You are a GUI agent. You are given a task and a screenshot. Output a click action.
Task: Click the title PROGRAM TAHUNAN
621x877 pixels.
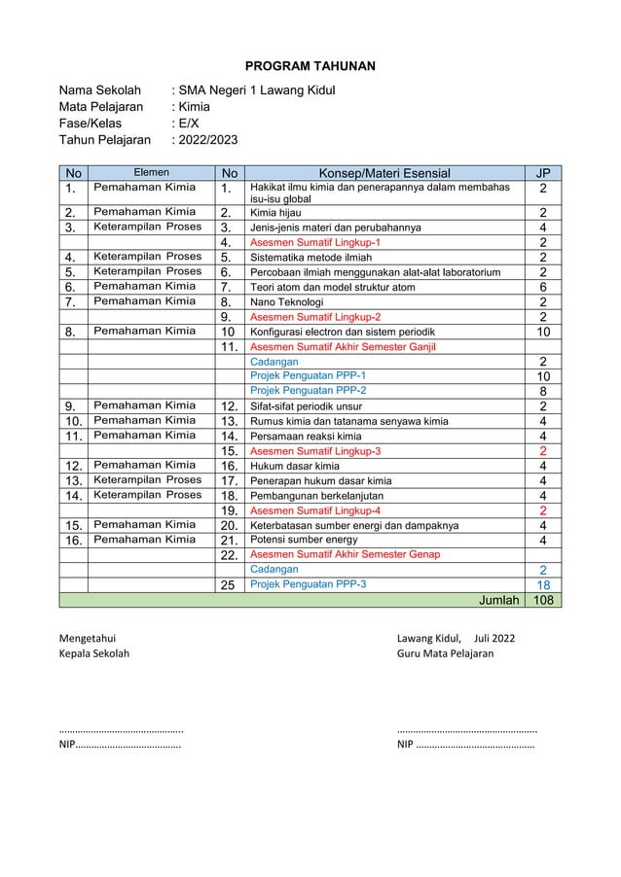310,65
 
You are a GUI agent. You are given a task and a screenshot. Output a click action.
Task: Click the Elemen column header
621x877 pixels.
151,173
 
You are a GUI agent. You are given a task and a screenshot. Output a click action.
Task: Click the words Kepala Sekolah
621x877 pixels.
93,653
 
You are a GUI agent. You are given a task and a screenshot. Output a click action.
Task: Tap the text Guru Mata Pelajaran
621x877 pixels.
445,653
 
